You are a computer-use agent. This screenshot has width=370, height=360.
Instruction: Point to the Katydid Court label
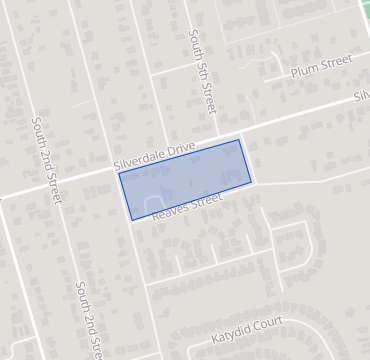247,327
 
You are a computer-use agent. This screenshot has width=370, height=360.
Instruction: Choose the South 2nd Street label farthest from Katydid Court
46,159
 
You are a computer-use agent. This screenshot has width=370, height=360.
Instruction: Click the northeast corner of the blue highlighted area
240,139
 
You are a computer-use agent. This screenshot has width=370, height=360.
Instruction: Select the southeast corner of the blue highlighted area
252,184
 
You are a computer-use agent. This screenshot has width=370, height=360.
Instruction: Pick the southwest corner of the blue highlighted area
131,220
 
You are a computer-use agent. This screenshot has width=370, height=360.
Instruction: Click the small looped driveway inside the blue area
155,204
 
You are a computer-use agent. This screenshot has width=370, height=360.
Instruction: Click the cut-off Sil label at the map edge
361,96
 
